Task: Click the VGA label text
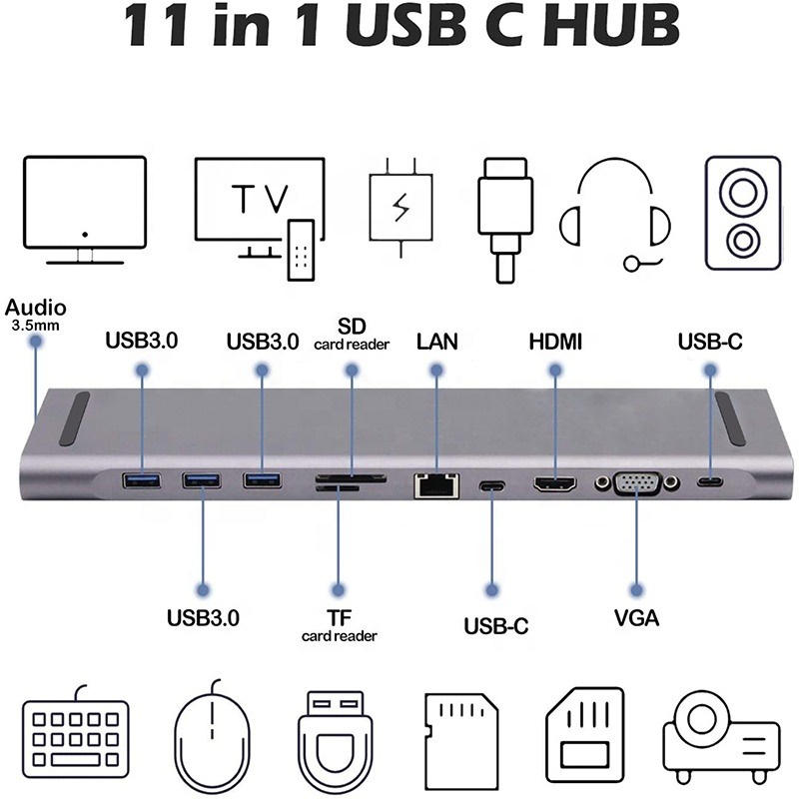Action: pos(636,618)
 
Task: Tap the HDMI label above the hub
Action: pos(555,342)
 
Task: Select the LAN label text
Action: pos(436,342)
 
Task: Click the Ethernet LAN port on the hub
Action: pos(434,485)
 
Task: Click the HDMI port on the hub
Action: pos(555,485)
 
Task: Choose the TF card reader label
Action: pos(340,624)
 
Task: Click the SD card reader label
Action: pos(352,335)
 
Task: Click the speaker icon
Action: pos(742,213)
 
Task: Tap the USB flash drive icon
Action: pos(336,733)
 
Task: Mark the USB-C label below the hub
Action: pos(495,626)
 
